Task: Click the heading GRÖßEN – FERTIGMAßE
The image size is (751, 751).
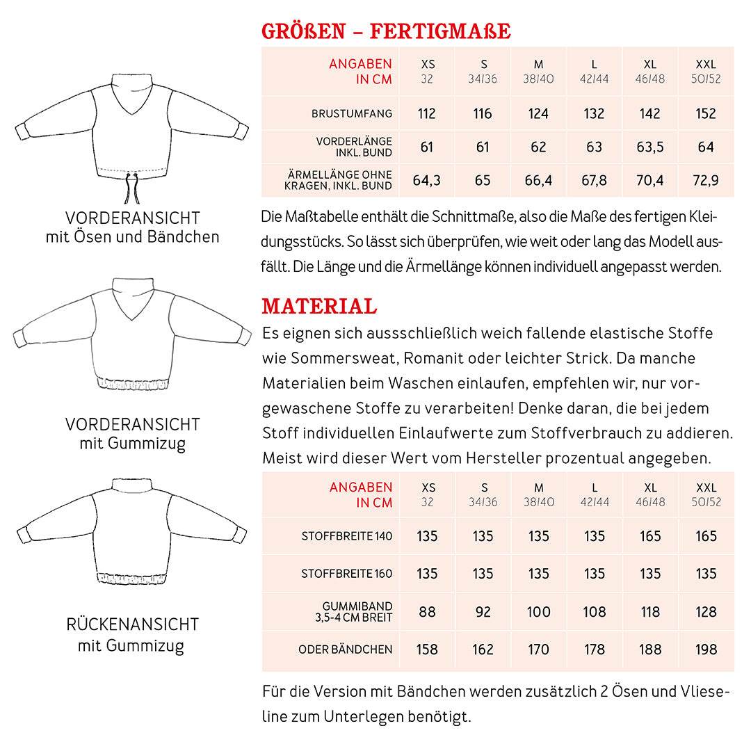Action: [x=386, y=31]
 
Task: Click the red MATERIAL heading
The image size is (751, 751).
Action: [x=319, y=306]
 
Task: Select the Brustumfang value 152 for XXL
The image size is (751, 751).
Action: [x=706, y=113]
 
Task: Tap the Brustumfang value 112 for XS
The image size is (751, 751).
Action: [x=427, y=113]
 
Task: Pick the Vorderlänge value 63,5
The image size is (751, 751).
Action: [x=649, y=147]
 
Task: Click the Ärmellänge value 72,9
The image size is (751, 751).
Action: [x=706, y=181]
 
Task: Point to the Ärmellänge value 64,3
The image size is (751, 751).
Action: [x=427, y=181]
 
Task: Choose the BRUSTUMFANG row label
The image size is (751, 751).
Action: [x=352, y=113]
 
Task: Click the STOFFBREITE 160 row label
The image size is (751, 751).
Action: [x=346, y=574]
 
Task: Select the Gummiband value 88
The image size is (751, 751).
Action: [x=427, y=612]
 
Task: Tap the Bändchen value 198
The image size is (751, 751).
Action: [x=706, y=649]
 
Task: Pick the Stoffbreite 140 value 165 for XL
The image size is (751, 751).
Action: [x=650, y=536]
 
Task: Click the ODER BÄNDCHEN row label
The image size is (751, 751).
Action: [x=345, y=649]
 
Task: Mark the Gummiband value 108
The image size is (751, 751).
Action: [x=595, y=612]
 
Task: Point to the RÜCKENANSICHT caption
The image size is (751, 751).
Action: [x=132, y=624]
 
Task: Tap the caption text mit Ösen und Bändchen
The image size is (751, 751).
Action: [x=132, y=237]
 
